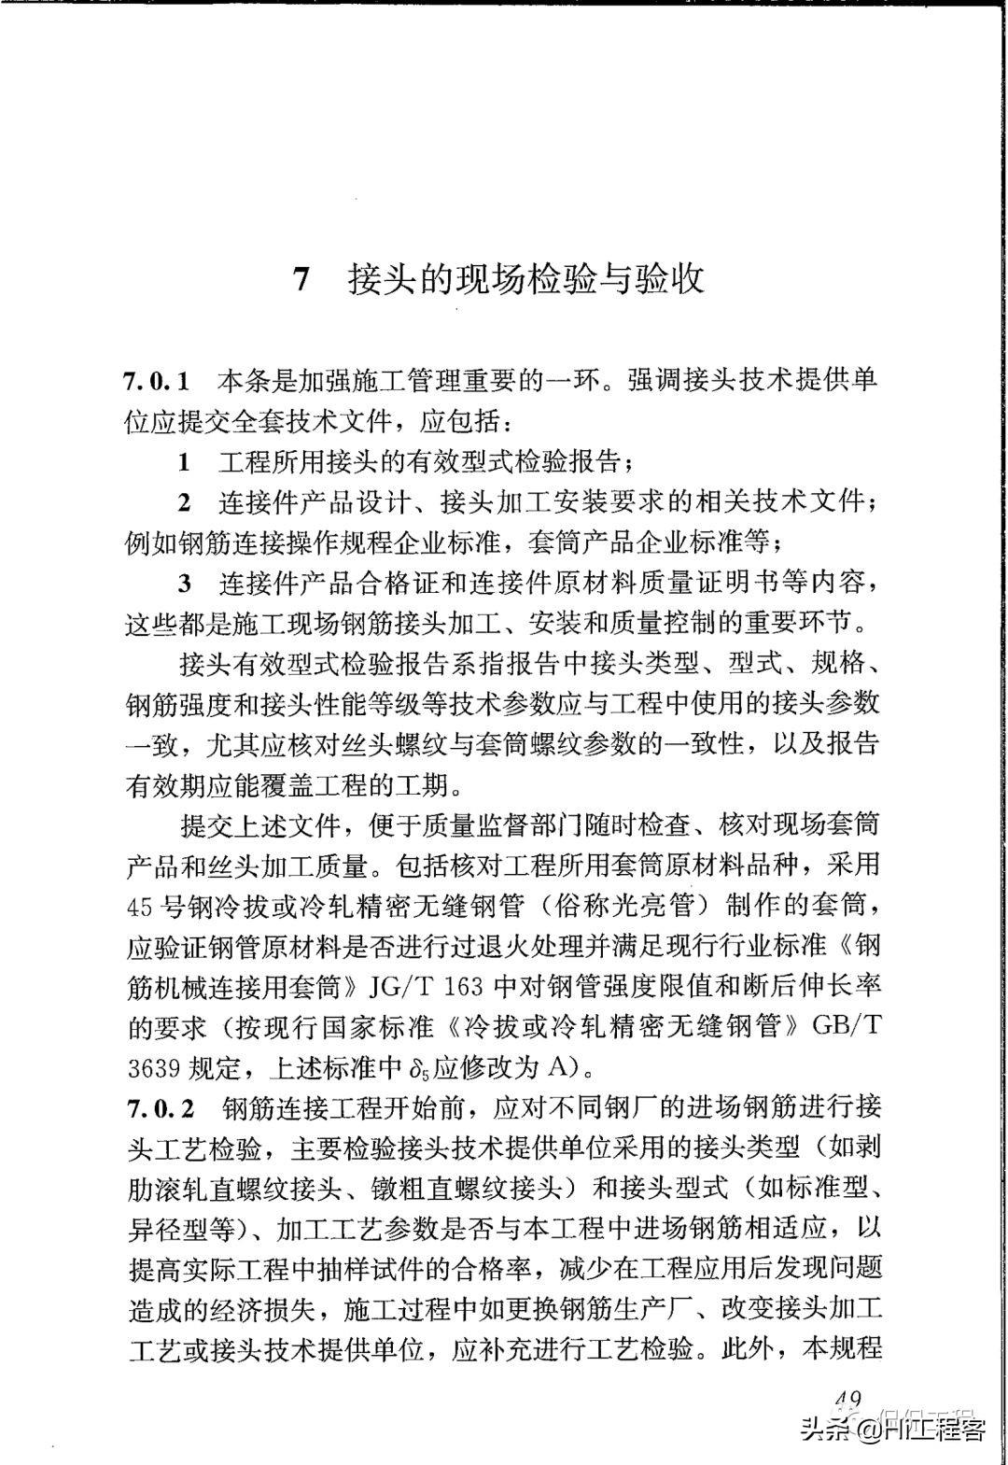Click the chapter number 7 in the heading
[301, 279]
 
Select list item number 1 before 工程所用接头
[184, 461]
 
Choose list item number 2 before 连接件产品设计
[185, 502]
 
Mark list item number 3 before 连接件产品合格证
[185, 584]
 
